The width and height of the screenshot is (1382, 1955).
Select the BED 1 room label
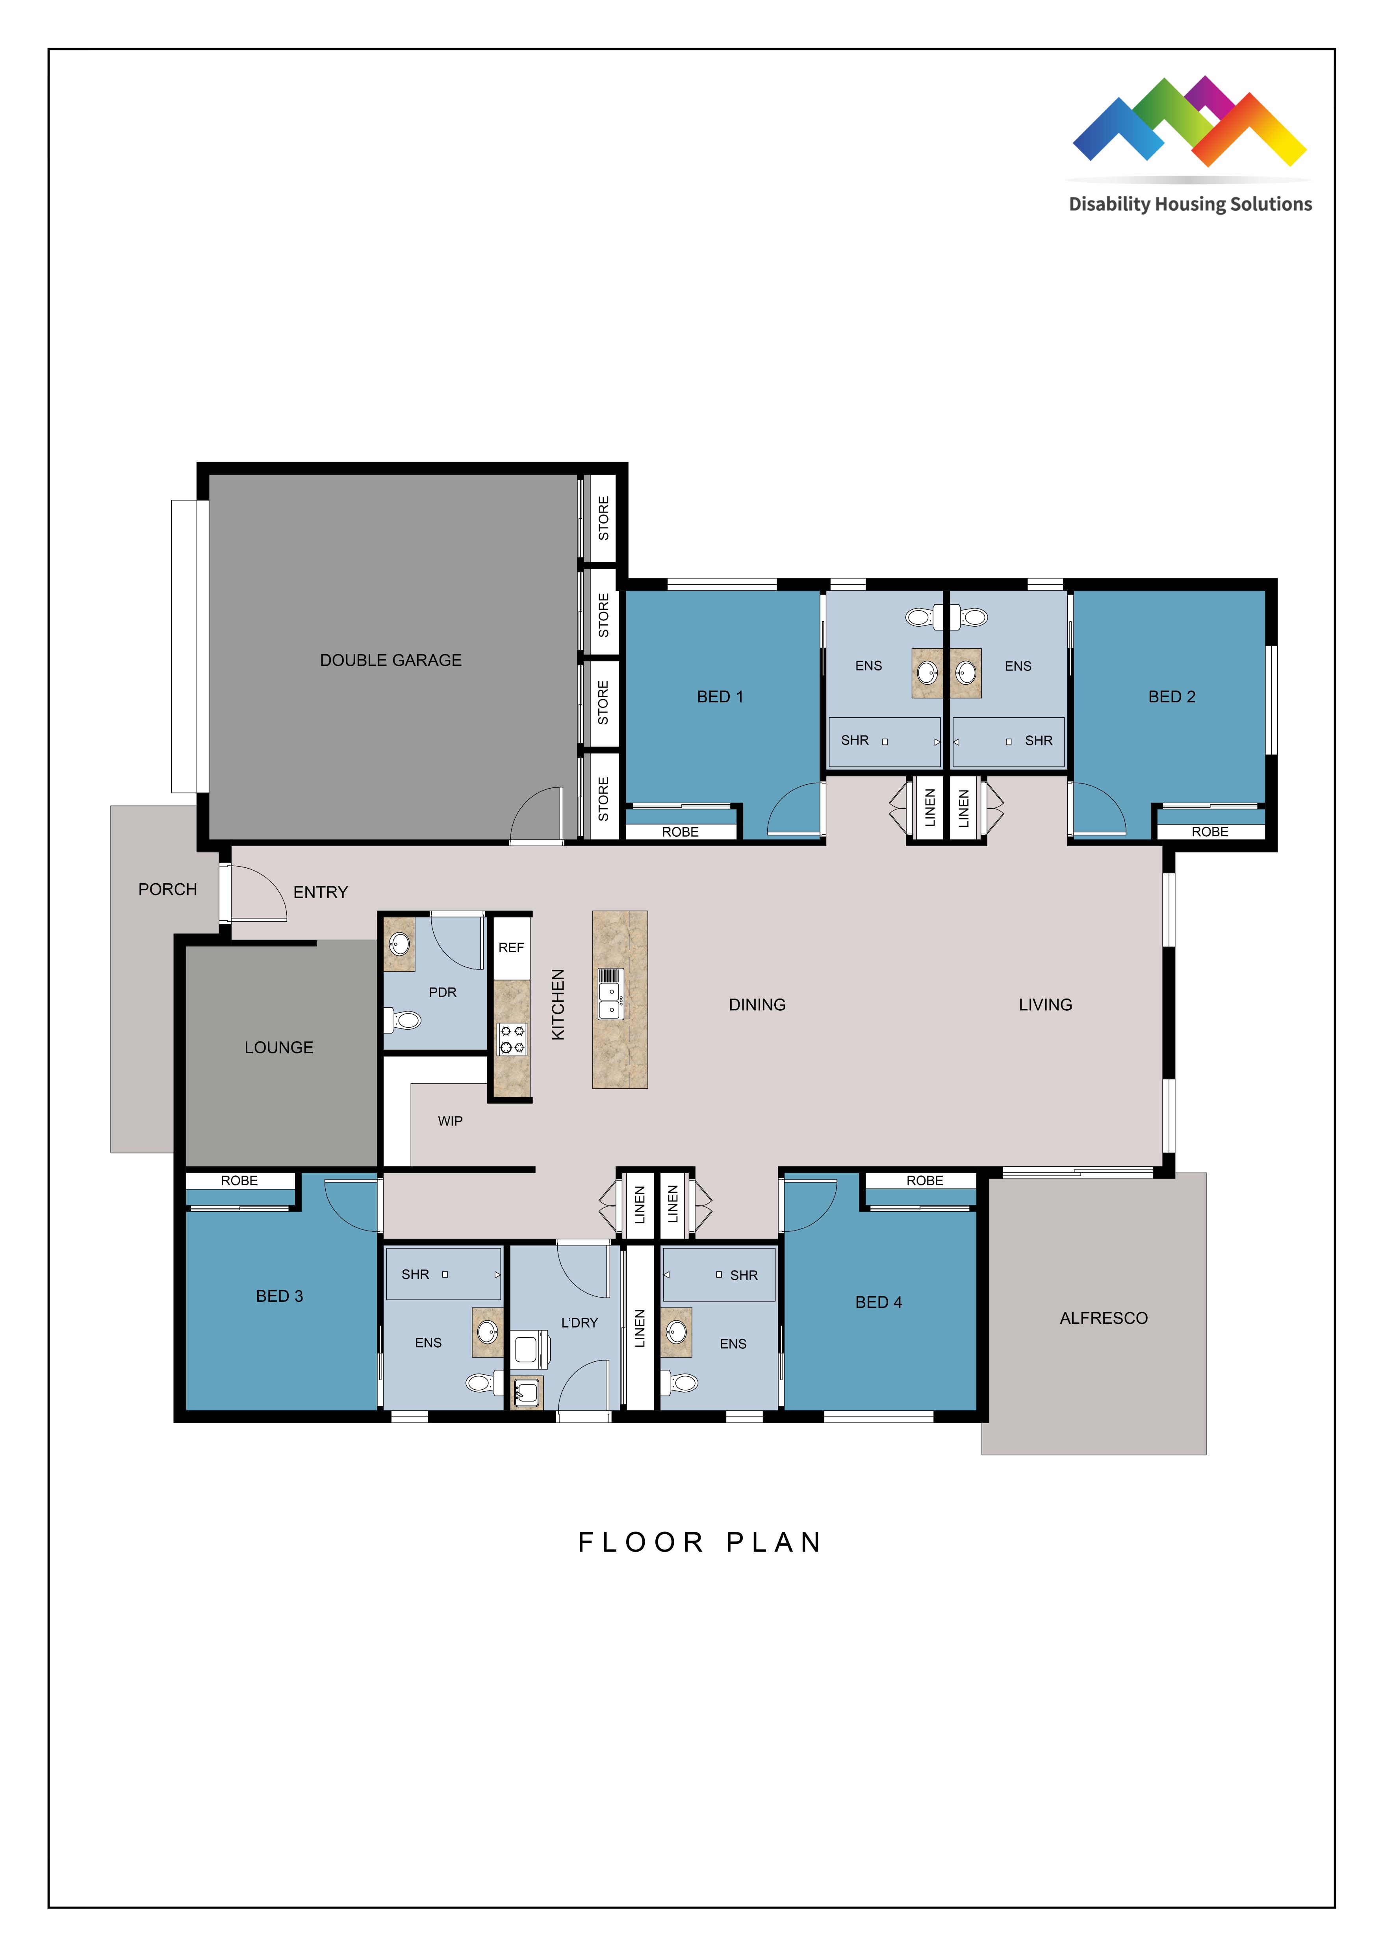pos(720,696)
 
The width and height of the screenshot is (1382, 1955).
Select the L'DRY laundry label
pos(579,1322)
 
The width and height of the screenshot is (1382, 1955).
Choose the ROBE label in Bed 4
pos(924,1180)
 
